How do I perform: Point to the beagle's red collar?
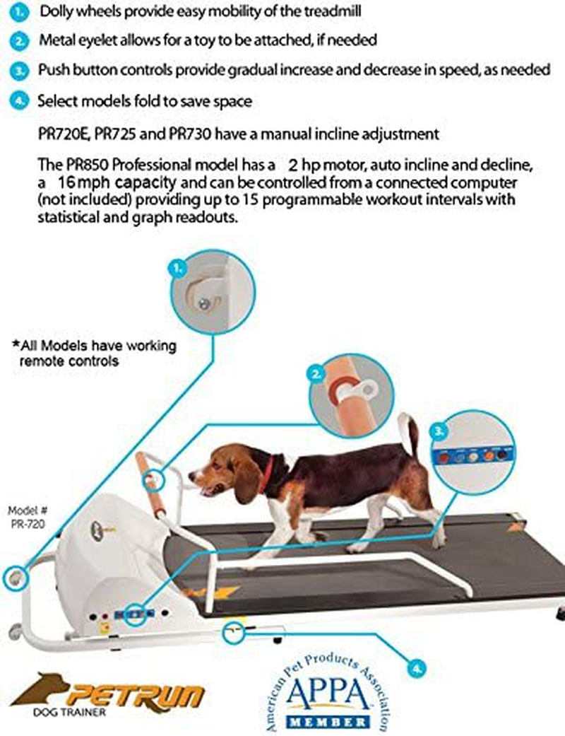click(x=266, y=474)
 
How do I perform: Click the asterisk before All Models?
click(x=16, y=345)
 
